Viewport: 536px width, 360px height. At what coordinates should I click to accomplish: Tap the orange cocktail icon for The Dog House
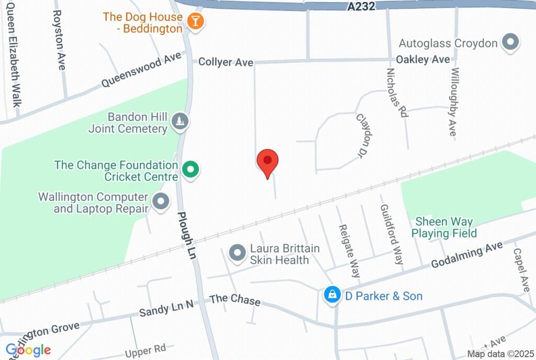click(x=196, y=22)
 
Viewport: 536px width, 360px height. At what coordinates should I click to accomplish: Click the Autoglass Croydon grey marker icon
click(x=510, y=42)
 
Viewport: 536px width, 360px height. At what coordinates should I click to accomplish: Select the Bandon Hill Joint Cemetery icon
click(x=181, y=122)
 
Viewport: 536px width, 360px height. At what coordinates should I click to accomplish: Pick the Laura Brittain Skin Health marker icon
click(x=238, y=254)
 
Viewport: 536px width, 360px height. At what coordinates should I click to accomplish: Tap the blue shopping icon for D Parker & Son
click(x=332, y=295)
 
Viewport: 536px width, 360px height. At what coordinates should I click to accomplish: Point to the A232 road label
click(x=361, y=6)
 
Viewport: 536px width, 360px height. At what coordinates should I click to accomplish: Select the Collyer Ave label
click(x=226, y=62)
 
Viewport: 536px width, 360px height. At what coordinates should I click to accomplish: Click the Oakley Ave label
click(x=422, y=60)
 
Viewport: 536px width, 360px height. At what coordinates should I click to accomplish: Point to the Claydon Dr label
click(x=367, y=136)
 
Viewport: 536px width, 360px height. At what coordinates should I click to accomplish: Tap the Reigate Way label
click(x=349, y=252)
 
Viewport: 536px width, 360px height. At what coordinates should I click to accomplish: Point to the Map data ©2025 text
click(x=500, y=354)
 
